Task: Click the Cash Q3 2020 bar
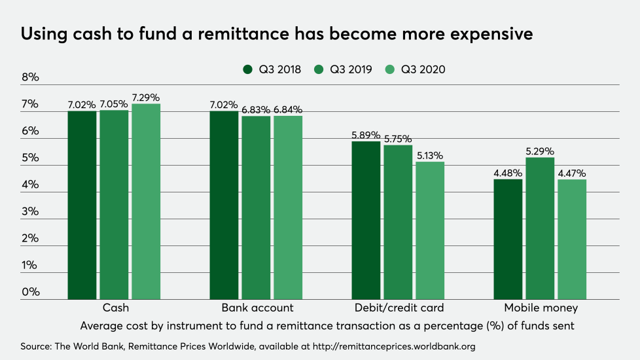[x=146, y=202]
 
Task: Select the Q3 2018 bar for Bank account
[x=224, y=206]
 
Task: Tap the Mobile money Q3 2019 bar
[x=540, y=228]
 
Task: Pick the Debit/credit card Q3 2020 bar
[x=430, y=230]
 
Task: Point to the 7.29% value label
[x=146, y=98]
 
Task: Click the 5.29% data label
[x=540, y=151]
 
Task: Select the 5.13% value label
[x=430, y=156]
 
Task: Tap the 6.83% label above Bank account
[x=256, y=110]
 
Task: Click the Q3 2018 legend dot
[x=247, y=69]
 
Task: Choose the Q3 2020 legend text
[x=423, y=69]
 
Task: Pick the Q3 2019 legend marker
[x=319, y=69]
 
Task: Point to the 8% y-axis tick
[x=30, y=77]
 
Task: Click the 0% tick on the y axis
[x=30, y=291]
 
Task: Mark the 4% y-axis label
[x=30, y=184]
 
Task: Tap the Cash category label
[x=116, y=308]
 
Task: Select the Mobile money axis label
[x=541, y=308]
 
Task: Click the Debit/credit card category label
[x=399, y=308]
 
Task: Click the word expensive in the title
[x=491, y=34]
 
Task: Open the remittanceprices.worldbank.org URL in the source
[x=395, y=346]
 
